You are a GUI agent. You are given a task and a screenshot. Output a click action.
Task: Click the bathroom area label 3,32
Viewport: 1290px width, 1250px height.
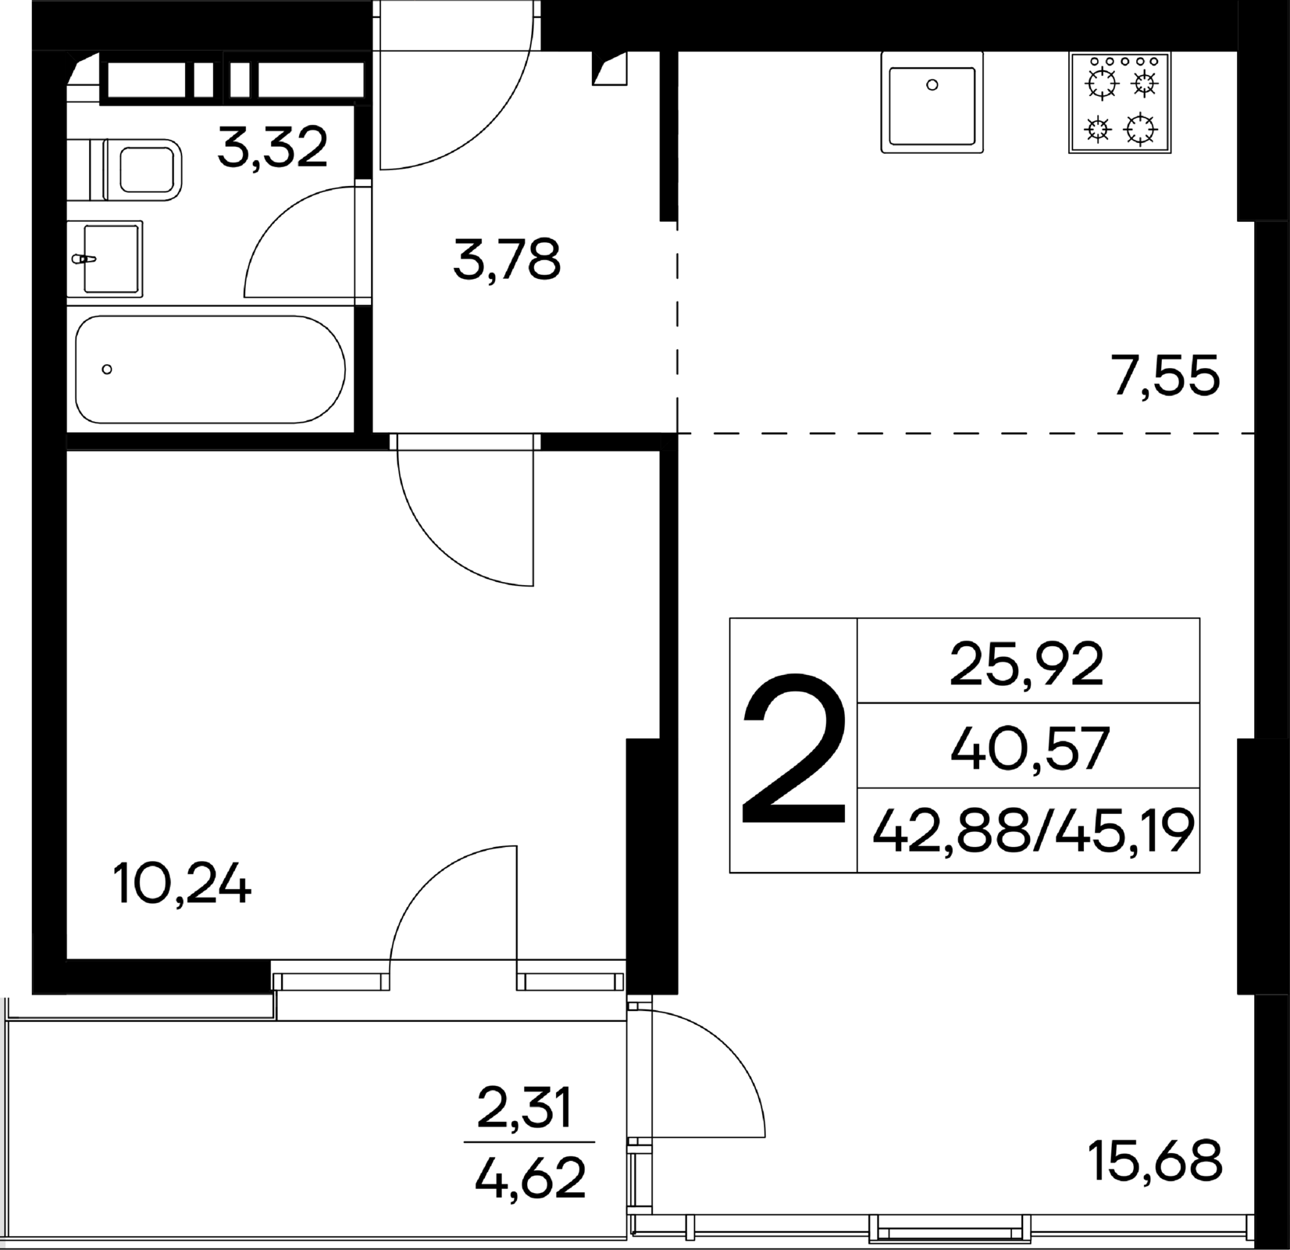click(273, 148)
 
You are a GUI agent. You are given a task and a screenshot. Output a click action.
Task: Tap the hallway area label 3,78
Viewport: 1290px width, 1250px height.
click(507, 260)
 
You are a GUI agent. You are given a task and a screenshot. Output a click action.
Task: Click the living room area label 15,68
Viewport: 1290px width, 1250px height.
click(1156, 1161)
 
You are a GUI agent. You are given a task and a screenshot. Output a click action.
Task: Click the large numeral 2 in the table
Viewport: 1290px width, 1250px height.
click(793, 750)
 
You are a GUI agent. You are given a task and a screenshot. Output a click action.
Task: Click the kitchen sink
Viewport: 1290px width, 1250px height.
click(932, 102)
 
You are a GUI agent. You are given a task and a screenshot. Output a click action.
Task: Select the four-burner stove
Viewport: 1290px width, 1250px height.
click(1120, 102)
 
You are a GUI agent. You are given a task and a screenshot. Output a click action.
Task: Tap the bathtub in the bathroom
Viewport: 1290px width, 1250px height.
click(210, 369)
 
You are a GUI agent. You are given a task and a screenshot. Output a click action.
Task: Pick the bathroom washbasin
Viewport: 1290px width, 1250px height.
click(105, 259)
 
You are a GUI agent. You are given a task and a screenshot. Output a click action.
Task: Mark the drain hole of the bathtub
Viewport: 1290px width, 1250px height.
click(107, 370)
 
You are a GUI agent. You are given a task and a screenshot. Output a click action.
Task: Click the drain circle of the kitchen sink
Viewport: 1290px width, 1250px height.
click(932, 85)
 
